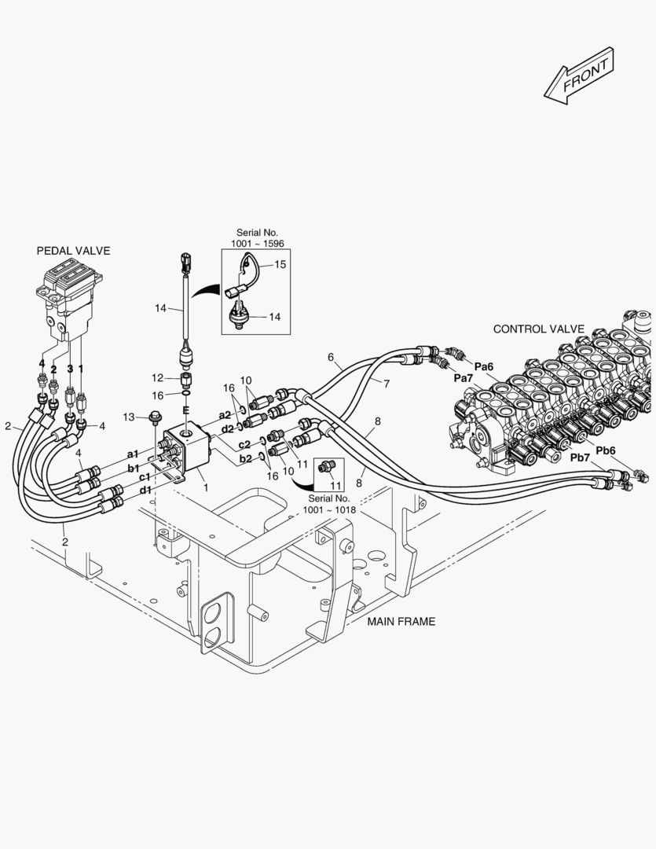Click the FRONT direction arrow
point(579,75)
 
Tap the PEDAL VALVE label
point(73,251)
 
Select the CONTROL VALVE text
point(538,329)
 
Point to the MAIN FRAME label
point(401,622)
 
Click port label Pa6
point(483,367)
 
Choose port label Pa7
point(464,378)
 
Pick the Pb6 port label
point(605,450)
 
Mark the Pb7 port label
point(580,458)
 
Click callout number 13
point(128,417)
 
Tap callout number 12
point(157,378)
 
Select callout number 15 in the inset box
point(280,264)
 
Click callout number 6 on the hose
point(331,357)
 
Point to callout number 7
point(387,384)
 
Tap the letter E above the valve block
point(185,410)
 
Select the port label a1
point(133,454)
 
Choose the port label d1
point(145,490)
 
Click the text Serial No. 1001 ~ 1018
point(329,504)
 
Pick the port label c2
point(244,444)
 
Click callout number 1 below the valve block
point(206,488)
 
